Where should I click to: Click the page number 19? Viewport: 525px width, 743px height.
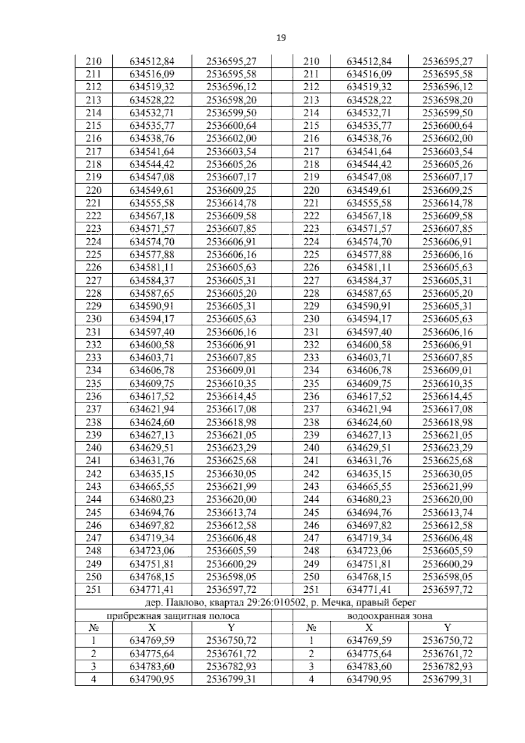click(281, 38)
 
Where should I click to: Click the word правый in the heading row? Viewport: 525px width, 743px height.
click(373, 603)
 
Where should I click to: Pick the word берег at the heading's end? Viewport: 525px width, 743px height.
click(405, 603)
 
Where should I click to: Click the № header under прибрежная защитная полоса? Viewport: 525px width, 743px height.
click(93, 628)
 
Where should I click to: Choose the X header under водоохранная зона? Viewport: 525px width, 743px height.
click(369, 628)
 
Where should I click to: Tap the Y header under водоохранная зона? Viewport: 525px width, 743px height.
click(447, 628)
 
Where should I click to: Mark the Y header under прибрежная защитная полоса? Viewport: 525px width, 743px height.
click(231, 628)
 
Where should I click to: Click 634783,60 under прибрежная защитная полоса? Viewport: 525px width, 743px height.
click(152, 666)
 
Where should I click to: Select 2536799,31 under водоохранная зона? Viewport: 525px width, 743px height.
click(447, 679)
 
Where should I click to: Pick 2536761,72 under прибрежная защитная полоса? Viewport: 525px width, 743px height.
click(231, 654)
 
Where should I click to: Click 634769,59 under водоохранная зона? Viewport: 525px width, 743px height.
click(369, 640)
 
